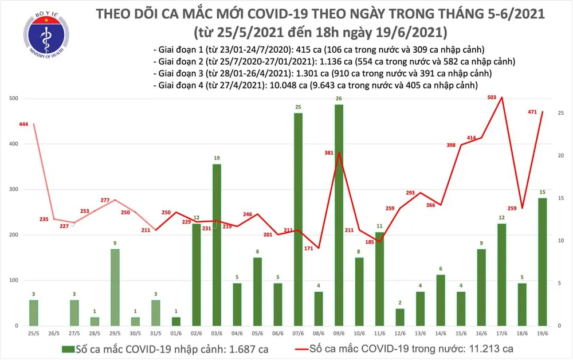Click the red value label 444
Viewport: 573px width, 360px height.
click(23, 124)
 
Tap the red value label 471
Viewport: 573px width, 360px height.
click(532, 113)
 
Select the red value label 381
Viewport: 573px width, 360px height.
click(328, 153)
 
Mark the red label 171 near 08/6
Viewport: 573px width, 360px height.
click(309, 249)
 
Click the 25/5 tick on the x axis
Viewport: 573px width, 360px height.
click(33, 333)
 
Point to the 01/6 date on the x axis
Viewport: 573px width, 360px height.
click(176, 333)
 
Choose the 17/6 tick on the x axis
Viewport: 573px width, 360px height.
click(501, 333)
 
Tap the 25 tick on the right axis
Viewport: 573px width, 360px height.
click(560, 114)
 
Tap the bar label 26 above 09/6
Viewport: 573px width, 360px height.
click(339, 99)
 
